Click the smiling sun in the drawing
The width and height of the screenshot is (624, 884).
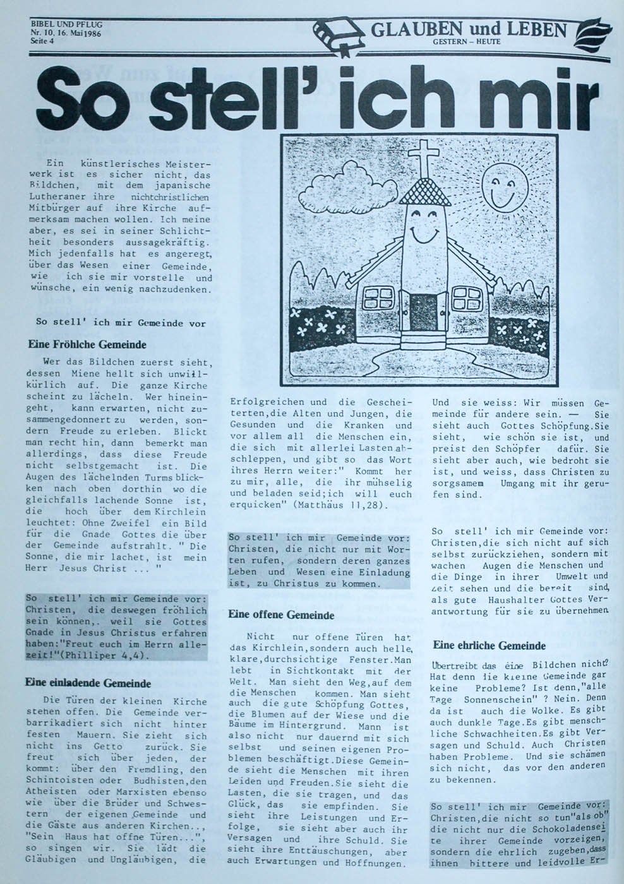pos(504,182)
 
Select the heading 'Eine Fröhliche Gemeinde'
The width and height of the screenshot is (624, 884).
pos(87,345)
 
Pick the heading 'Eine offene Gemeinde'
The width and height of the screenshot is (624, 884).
pos(281,614)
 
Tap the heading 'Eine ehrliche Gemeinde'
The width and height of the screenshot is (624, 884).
pos(489,645)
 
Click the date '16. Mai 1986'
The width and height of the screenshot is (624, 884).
pos(76,33)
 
